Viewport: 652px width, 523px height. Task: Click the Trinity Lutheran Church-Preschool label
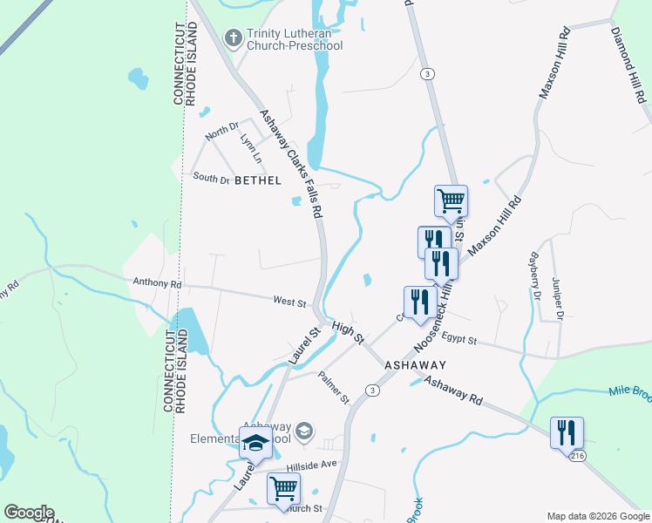[x=295, y=39]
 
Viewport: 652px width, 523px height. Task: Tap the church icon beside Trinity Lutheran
[x=233, y=37]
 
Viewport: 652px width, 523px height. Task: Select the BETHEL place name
[x=258, y=180]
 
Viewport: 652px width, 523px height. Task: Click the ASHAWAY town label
[x=416, y=365]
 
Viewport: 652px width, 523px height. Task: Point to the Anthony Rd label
[x=157, y=283]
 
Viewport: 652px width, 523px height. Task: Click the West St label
[x=289, y=302]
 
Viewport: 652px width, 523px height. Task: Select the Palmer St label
[x=333, y=389]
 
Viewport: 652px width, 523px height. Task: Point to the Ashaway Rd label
[x=453, y=389]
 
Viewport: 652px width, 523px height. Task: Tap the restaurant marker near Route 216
[x=567, y=432]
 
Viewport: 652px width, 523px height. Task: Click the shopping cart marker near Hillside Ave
[x=284, y=489]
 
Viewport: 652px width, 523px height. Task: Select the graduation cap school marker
[x=255, y=443]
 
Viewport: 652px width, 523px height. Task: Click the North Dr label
[x=221, y=132]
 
